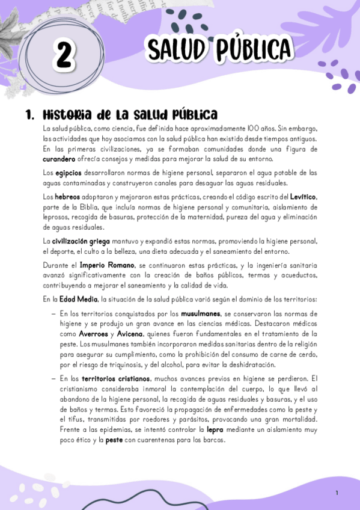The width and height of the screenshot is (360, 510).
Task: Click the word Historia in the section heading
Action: pyautogui.click(x=67, y=114)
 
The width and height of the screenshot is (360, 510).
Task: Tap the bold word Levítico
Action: pyautogui.click(x=301, y=197)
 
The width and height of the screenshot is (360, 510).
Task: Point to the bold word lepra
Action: pyautogui.click(x=215, y=430)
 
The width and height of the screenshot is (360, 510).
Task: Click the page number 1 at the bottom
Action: pyautogui.click(x=337, y=493)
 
